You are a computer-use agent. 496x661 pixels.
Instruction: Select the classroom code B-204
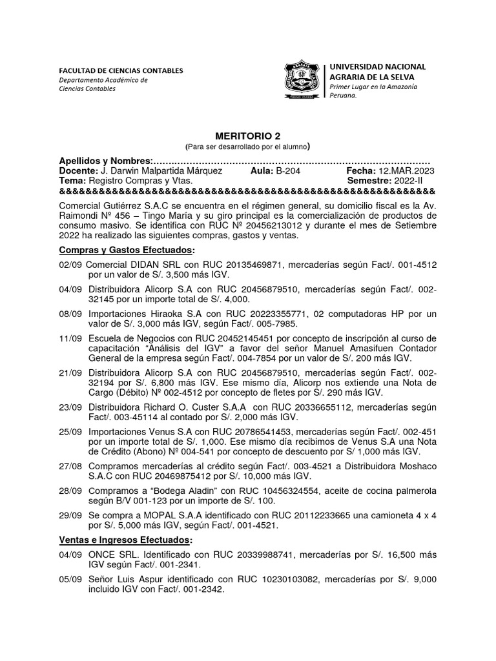(287, 170)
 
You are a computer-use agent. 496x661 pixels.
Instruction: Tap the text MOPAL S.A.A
(160, 516)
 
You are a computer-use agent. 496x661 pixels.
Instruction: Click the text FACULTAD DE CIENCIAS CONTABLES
(121, 70)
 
